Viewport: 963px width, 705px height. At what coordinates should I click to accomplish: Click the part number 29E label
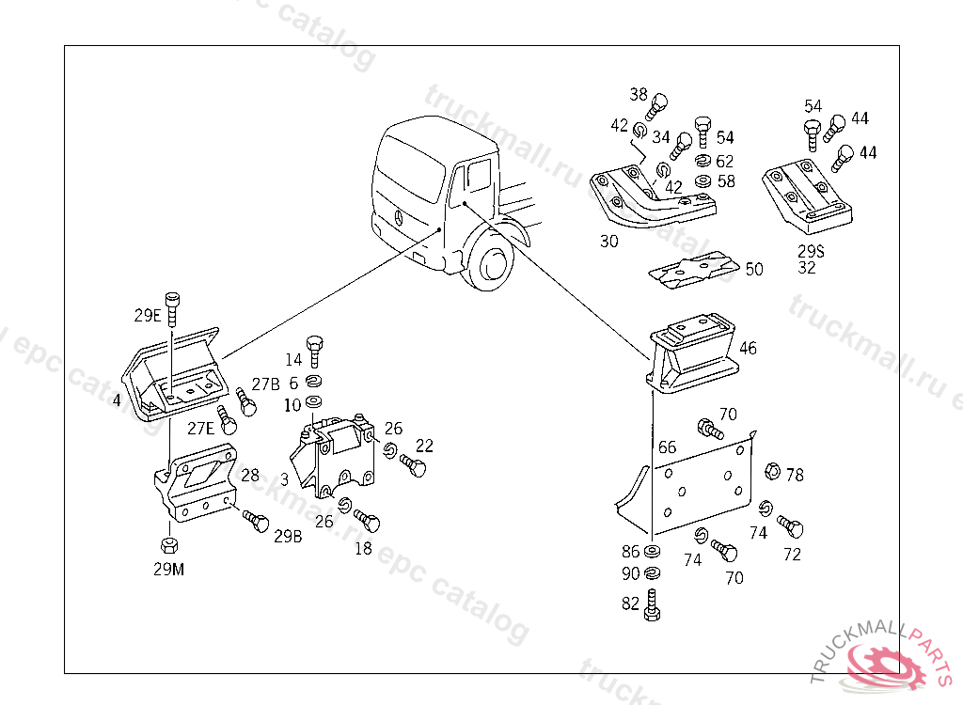[148, 316]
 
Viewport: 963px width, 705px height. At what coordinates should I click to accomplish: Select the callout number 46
[748, 349]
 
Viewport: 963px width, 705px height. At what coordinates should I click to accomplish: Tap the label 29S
[810, 252]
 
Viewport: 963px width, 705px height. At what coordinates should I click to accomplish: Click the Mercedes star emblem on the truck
[399, 218]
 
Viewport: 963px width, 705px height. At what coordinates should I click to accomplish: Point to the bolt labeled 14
[316, 350]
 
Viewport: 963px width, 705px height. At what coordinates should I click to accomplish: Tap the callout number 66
[667, 446]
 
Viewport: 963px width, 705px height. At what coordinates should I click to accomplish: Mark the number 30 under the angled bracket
[609, 242]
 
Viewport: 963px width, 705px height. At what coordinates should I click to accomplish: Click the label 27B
[265, 384]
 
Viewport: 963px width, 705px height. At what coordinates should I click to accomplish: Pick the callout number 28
[249, 476]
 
